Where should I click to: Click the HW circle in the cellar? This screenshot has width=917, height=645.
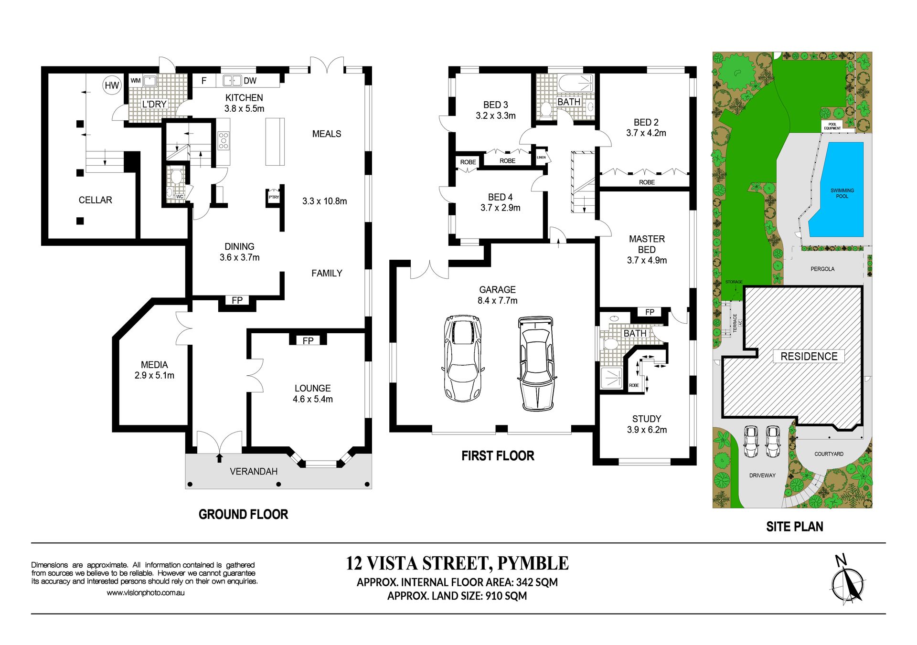[112, 85]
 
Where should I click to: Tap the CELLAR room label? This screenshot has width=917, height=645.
[96, 200]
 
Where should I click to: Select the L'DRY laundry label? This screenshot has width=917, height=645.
[154, 104]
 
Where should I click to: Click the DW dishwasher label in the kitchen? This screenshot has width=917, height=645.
[250, 81]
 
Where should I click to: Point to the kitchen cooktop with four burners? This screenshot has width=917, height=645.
[224, 141]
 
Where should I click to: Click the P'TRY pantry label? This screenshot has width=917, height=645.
[274, 197]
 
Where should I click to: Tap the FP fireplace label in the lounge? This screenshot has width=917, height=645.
[308, 340]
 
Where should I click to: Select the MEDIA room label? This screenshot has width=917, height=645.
[154, 365]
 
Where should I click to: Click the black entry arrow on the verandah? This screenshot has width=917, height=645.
[219, 458]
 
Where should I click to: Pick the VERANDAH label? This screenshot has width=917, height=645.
[254, 472]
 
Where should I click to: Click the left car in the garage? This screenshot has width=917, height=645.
[462, 358]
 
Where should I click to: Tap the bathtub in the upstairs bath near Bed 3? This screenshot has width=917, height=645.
[576, 83]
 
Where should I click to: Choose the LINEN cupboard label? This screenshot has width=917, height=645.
[541, 157]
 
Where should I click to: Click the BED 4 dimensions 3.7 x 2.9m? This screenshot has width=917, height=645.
[501, 208]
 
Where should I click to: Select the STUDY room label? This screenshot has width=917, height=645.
[647, 419]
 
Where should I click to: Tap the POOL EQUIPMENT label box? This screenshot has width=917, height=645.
[832, 126]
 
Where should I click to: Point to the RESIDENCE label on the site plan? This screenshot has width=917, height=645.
[809, 356]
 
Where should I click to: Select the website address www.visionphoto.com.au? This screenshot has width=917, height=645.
[146, 593]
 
